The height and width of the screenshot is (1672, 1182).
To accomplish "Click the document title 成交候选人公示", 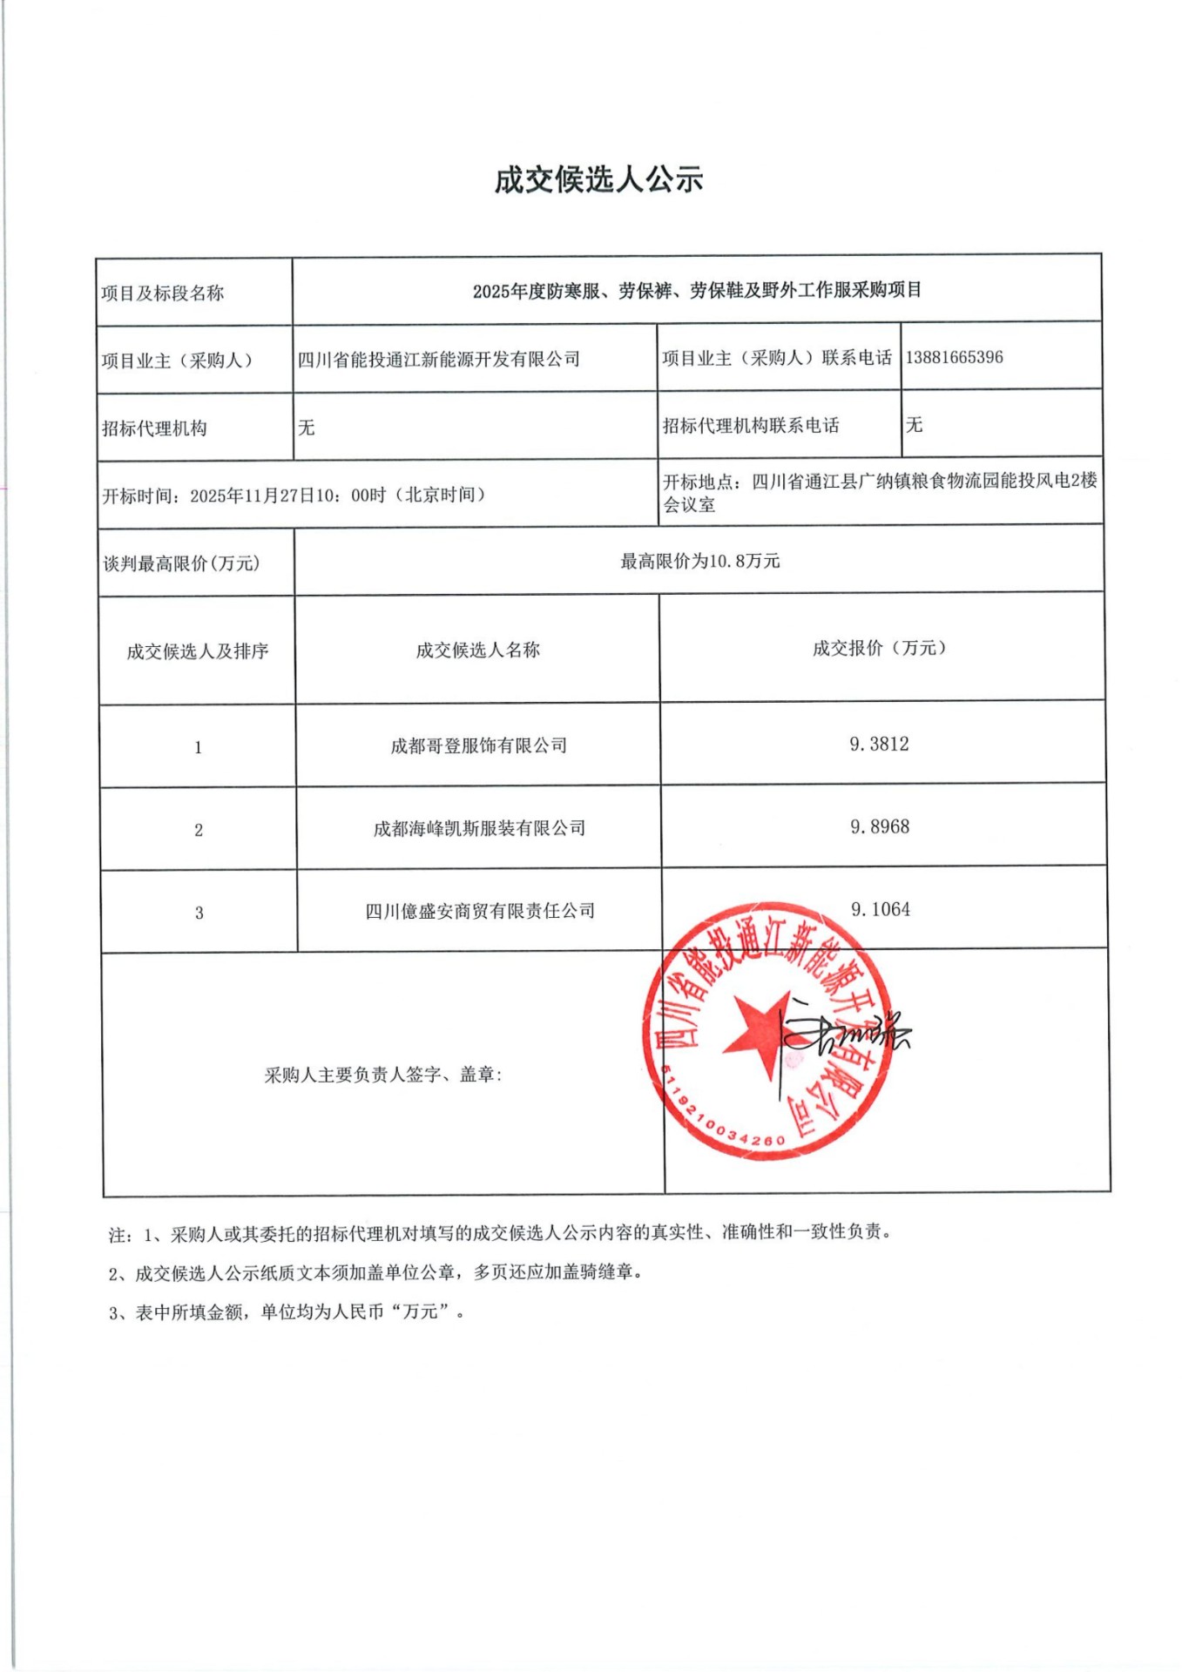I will pyautogui.click(x=598, y=180).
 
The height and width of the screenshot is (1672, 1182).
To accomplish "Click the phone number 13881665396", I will pyautogui.click(x=954, y=357).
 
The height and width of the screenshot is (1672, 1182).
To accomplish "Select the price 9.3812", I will pyautogui.click(x=879, y=744).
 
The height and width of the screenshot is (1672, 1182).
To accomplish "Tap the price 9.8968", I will pyautogui.click(x=880, y=826).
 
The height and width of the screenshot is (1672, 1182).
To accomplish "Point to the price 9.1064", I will pyautogui.click(x=880, y=909).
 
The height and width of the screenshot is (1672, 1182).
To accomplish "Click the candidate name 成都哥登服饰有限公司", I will pyautogui.click(x=478, y=745).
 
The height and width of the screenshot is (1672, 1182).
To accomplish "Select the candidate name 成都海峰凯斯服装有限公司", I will pyautogui.click(x=479, y=828).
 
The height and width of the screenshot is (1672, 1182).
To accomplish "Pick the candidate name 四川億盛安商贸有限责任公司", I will pyautogui.click(x=480, y=911).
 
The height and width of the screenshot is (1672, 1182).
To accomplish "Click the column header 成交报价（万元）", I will pyautogui.click(x=880, y=648).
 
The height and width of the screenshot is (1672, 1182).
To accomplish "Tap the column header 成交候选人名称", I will pyautogui.click(x=477, y=650).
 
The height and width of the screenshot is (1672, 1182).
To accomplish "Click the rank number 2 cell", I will pyautogui.click(x=199, y=830).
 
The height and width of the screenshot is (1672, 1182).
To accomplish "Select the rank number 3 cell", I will pyautogui.click(x=199, y=913).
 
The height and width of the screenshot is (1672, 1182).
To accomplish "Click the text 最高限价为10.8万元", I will pyautogui.click(x=699, y=562).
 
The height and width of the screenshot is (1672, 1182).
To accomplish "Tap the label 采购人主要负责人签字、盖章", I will pyautogui.click(x=383, y=1075).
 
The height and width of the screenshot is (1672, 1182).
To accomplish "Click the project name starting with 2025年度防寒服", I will pyautogui.click(x=697, y=290).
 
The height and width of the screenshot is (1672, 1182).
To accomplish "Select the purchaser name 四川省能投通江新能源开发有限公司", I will pyautogui.click(x=439, y=359).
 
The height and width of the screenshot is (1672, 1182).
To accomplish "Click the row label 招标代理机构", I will pyautogui.click(x=154, y=428).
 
